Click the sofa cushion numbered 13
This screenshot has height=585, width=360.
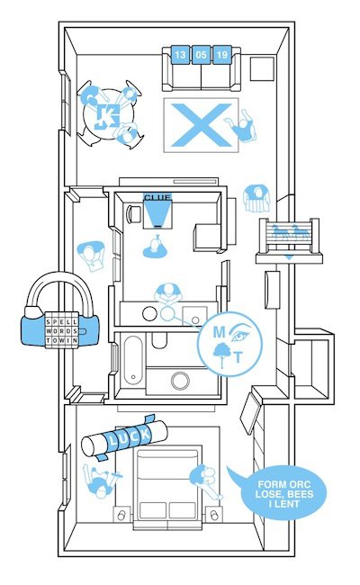pos(180,55)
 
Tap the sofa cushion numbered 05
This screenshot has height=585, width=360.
pos(201,55)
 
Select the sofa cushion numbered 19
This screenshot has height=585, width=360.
pos(222,55)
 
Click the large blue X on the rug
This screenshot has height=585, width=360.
pos(201,125)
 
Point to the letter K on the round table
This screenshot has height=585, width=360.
pos(107,116)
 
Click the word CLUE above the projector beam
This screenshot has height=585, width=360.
pos(157,197)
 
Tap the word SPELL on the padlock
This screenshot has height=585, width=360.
pos(62,321)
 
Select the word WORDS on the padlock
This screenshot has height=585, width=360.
pos(62,331)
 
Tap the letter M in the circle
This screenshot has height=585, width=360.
pos(219,332)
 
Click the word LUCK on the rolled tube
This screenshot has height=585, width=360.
pos(129,436)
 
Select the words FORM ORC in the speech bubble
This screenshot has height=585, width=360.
pos(283,484)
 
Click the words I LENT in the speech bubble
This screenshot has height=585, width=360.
pos(283,504)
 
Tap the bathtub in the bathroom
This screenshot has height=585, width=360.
pos(133,360)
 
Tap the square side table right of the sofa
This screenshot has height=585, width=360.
pos(262,68)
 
